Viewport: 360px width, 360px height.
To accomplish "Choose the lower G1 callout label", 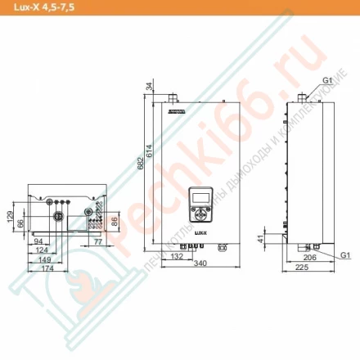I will click(x=344, y=255).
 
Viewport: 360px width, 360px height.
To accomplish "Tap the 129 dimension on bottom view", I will click(x=11, y=216).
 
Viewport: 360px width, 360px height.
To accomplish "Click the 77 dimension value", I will click(x=97, y=242).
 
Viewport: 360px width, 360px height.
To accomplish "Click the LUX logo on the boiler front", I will click(x=200, y=232).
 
